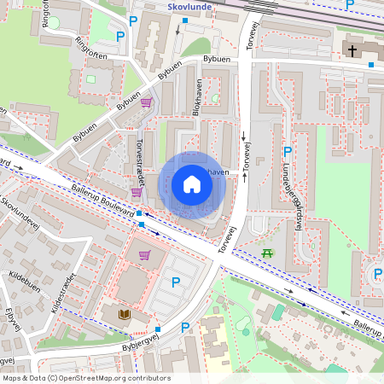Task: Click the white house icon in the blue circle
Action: coord(192,184)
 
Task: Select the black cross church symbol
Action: coord(352,51)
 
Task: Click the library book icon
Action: coord(125,315)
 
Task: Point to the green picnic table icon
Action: coord(268,253)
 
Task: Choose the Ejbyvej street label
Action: coord(10,328)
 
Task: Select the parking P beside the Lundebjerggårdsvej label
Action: coord(288,152)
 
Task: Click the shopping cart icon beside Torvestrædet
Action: coord(136,192)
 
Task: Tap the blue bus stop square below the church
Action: coord(371,65)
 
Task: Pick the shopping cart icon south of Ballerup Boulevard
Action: coord(144,254)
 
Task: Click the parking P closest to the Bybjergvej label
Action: coord(185,327)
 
